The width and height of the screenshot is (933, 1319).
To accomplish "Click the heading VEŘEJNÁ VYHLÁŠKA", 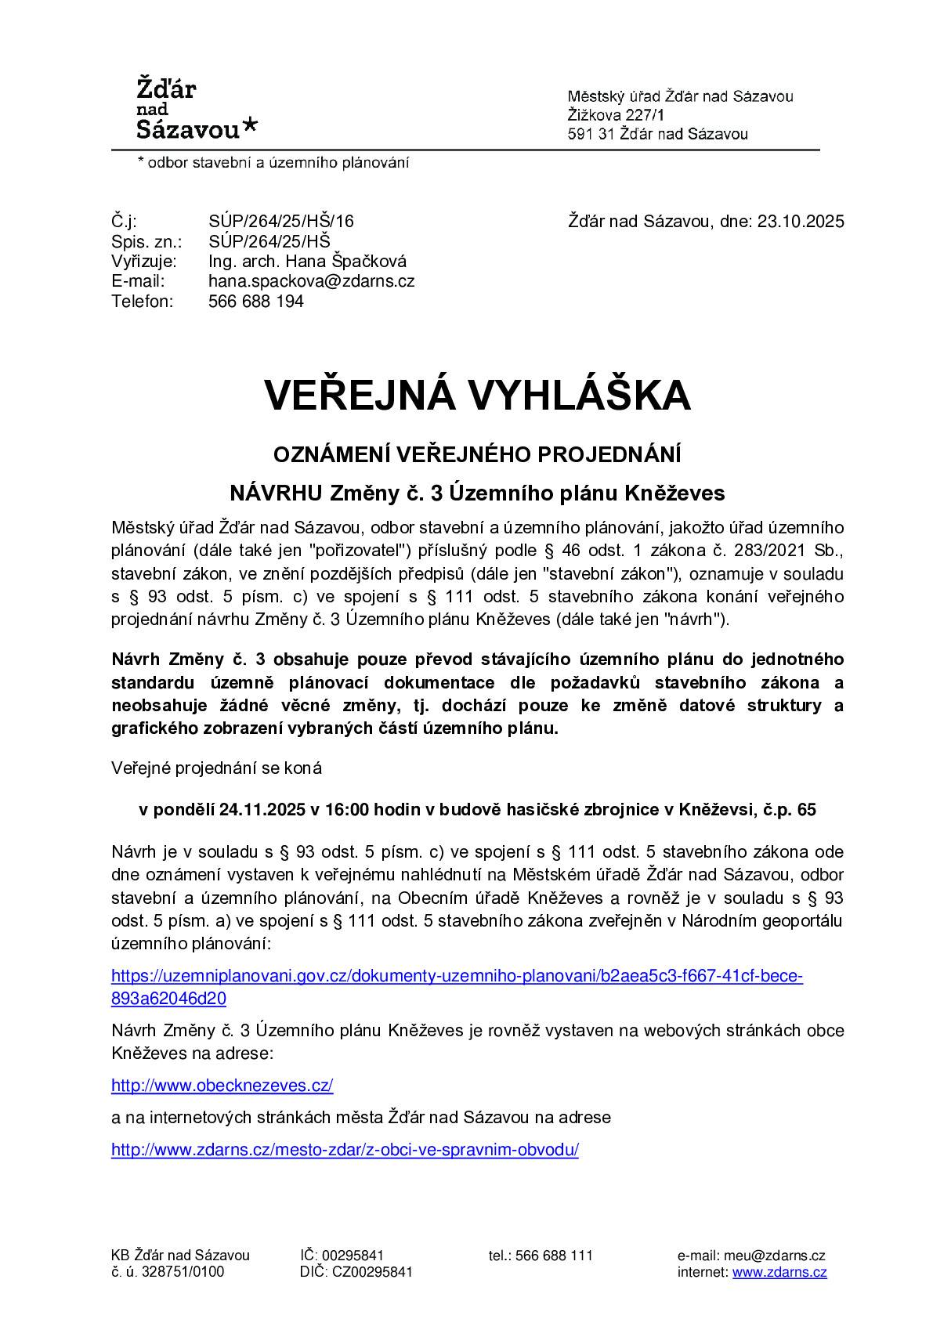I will (477, 396).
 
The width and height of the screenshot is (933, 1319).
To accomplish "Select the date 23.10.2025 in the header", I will (800, 222).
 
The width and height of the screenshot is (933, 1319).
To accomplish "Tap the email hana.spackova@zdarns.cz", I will (311, 281).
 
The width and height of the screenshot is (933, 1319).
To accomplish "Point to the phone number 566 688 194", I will (256, 302).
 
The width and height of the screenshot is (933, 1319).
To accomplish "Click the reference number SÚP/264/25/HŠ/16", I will (281, 222).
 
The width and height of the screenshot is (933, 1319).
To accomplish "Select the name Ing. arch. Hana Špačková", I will (307, 262).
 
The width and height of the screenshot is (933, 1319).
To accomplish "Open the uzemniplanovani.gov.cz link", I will (457, 977).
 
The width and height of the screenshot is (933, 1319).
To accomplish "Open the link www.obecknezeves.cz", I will (222, 1086).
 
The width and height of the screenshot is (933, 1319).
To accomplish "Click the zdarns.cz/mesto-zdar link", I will (345, 1151).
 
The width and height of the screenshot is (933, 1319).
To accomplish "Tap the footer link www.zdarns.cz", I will (779, 1272).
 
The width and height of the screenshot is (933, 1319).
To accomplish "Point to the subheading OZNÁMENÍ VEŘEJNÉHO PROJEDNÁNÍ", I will (476, 454).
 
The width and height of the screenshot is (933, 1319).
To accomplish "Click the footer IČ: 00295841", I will (342, 1256).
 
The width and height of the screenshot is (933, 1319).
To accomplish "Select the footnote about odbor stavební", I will (273, 163).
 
